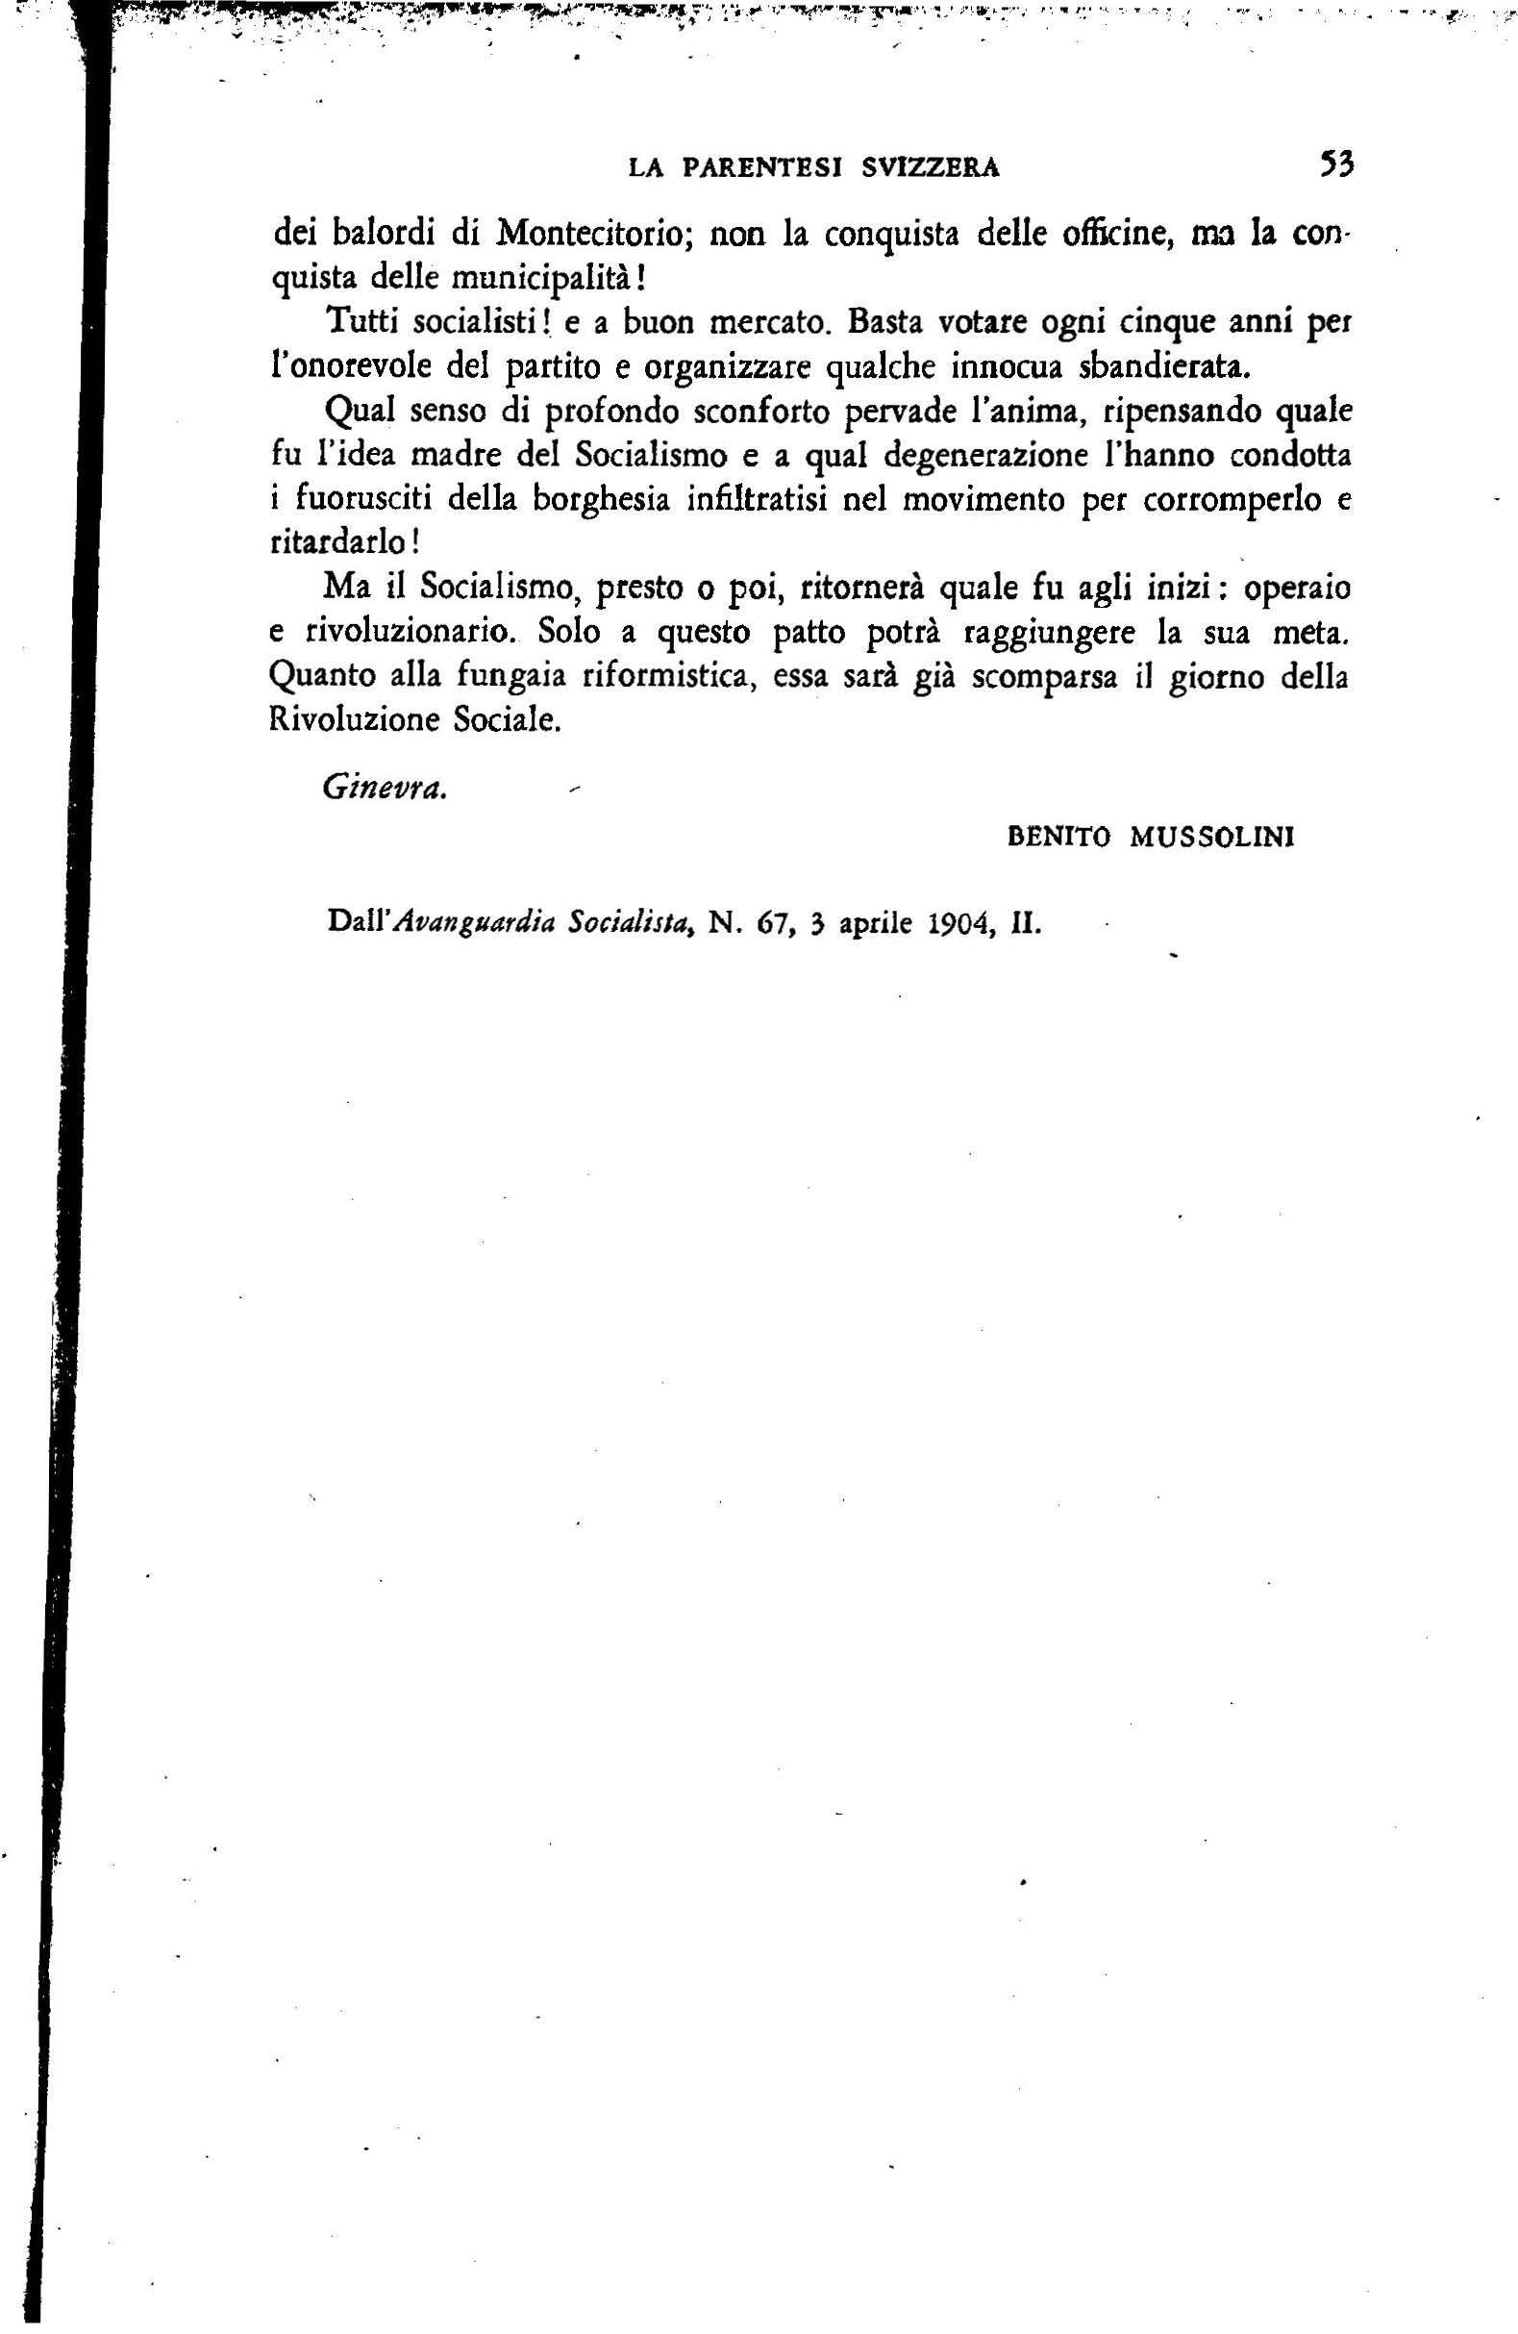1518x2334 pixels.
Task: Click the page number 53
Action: (x=1335, y=164)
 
